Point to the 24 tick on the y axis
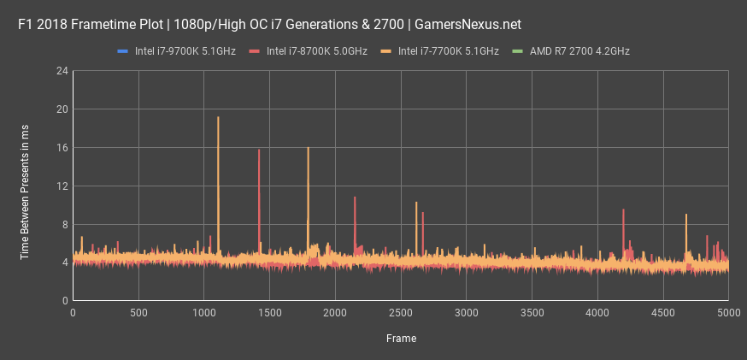[62, 71]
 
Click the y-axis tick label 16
[62, 148]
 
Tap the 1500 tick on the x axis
[270, 314]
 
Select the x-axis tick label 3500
[532, 314]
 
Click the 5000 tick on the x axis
[728, 314]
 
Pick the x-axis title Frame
[401, 339]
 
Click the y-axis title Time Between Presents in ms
[25, 186]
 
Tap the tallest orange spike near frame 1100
[218, 120]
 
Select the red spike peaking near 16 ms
[259, 152]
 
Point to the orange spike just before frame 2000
[308, 150]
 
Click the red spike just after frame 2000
[355, 199]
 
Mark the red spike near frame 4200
[623, 212]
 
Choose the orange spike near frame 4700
[686, 216]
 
